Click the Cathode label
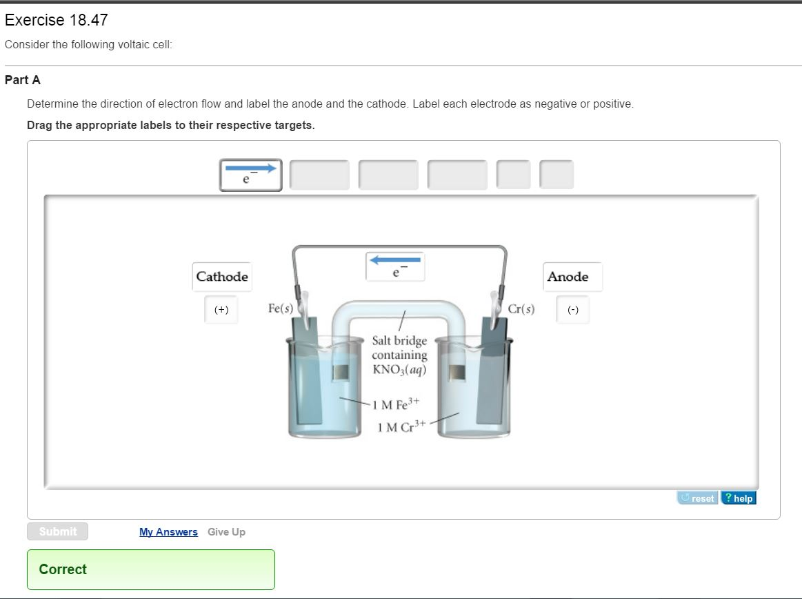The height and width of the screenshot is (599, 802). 222,277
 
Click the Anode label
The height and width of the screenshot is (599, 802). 568,277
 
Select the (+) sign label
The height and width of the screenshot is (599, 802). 221,310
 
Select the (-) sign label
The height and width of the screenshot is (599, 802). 573,310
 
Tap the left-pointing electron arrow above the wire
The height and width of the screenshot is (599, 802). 395,266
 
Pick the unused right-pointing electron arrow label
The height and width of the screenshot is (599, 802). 251,175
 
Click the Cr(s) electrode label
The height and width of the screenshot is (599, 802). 521,308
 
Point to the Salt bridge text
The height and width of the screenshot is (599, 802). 399,340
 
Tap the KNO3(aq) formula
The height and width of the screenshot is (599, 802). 399,369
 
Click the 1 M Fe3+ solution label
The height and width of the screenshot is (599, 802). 395,403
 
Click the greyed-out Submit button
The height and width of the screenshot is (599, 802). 58,531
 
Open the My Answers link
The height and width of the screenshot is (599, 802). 168,532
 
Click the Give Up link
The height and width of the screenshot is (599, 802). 226,532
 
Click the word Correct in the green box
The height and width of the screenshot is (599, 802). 63,569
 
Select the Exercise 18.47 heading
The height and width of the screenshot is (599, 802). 57,20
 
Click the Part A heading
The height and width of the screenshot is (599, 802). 23,80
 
